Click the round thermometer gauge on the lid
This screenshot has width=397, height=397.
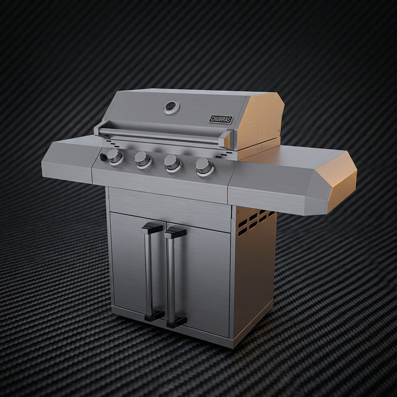click(172, 108)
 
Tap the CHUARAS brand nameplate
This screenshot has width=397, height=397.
click(221, 119)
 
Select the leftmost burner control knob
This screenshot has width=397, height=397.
click(115, 157)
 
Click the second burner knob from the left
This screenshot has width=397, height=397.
click(143, 160)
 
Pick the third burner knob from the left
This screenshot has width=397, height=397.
click(173, 163)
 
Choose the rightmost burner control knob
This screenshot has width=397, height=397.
click(205, 167)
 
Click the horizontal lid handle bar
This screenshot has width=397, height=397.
click(163, 135)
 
